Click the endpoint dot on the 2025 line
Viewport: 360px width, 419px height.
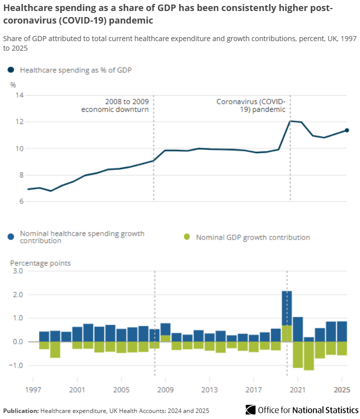(x=346, y=130)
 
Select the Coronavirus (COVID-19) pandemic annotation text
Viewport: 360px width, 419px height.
(x=251, y=105)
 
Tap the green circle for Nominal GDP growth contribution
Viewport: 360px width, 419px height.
(x=188, y=237)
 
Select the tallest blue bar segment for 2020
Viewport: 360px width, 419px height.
(x=287, y=308)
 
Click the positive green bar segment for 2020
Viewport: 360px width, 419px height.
(x=287, y=333)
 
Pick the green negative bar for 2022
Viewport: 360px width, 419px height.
(x=309, y=356)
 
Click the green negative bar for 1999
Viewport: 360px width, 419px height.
(x=55, y=349)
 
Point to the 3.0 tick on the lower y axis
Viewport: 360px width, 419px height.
(x=18, y=271)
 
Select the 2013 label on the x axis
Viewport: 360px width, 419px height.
(x=210, y=390)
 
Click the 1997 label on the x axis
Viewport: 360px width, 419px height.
(x=33, y=390)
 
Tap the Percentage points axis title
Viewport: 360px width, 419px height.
(x=41, y=263)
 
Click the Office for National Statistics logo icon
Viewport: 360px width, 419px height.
(x=250, y=410)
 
